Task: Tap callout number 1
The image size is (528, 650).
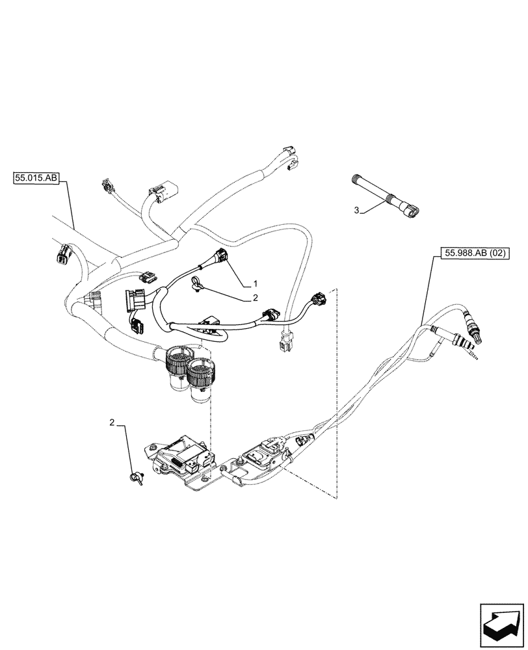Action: point(256,284)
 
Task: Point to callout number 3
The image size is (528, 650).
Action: point(356,209)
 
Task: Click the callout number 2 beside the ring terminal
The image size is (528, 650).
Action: point(256,298)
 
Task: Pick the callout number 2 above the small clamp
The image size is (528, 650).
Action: point(112,422)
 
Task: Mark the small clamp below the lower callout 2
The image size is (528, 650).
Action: point(137,479)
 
